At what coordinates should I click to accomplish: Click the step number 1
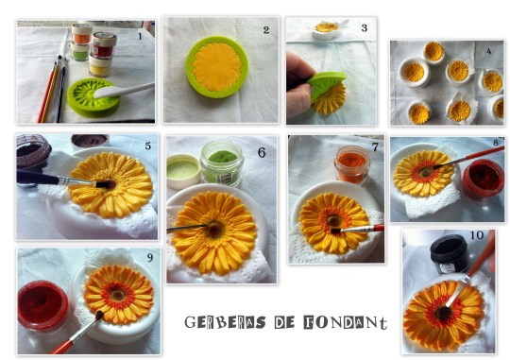pyautogui.click(x=140, y=36)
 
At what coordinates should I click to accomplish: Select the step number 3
pyautogui.click(x=363, y=27)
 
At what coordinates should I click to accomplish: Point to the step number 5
pyautogui.click(x=146, y=146)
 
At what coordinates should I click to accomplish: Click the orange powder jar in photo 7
pyautogui.click(x=351, y=163)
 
